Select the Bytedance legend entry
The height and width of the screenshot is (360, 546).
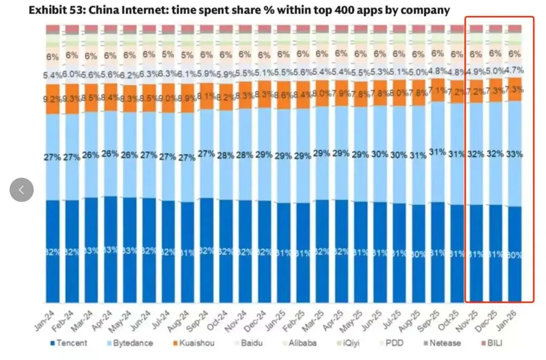132,343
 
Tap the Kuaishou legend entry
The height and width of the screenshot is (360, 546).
193,343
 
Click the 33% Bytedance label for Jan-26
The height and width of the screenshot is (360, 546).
515,153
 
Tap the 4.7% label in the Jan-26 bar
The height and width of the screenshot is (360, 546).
515,70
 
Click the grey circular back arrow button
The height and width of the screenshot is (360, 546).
22,190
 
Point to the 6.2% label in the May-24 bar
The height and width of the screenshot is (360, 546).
129,75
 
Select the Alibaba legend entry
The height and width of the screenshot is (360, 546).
302,343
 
